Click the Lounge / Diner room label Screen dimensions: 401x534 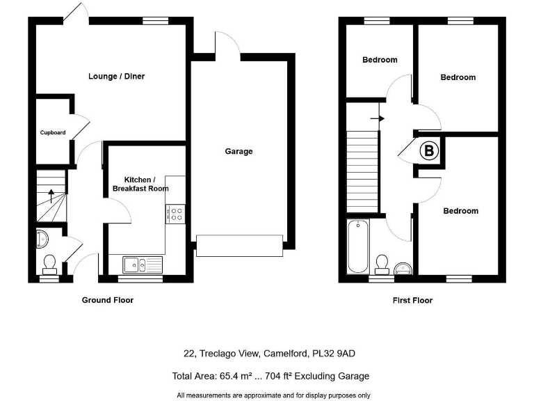point(116,76)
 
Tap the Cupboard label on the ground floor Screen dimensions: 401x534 point(53,132)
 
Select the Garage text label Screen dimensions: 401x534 point(238,151)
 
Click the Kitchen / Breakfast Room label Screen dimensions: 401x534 point(140,184)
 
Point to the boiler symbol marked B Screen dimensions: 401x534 point(429,150)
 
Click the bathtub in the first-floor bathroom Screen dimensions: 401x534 point(357,246)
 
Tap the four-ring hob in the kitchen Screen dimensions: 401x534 point(176,214)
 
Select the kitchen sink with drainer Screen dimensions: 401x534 point(141,264)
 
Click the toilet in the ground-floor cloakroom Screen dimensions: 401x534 point(49,262)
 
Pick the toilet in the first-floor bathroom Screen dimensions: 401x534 point(382,262)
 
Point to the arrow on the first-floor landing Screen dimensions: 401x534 point(377,118)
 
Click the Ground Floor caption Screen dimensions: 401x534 point(107,300)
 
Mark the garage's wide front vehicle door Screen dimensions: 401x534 point(239,245)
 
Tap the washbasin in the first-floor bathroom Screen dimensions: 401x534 point(403,268)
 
